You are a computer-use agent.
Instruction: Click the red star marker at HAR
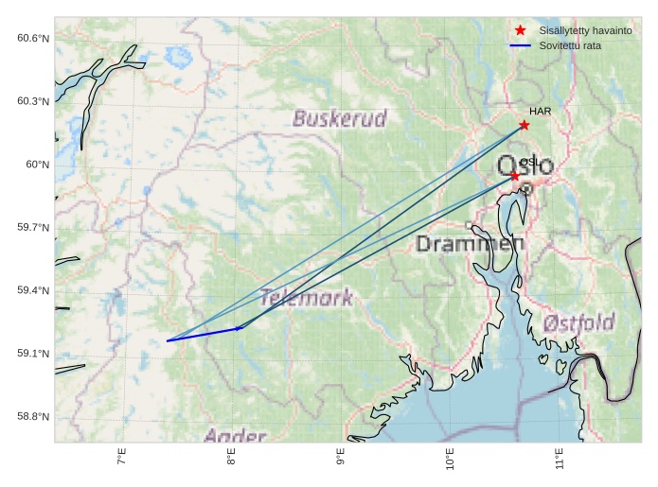(x=524, y=125)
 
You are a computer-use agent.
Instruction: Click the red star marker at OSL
(x=515, y=176)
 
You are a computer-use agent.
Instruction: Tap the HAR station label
(x=541, y=112)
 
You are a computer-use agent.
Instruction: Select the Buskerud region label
(x=340, y=119)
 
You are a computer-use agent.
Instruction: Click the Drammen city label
(x=471, y=244)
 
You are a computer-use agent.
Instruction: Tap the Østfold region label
(x=578, y=322)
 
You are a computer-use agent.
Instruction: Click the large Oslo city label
(x=525, y=166)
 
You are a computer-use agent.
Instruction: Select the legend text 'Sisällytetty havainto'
(x=585, y=30)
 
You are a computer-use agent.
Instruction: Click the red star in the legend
(x=520, y=30)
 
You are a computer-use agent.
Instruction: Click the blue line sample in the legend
(x=520, y=45)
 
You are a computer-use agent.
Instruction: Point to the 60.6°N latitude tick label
(x=32, y=38)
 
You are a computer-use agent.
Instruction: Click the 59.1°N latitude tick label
(x=32, y=354)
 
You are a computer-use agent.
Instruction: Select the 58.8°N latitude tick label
(x=32, y=417)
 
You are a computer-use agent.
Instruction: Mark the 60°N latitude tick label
(x=37, y=165)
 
